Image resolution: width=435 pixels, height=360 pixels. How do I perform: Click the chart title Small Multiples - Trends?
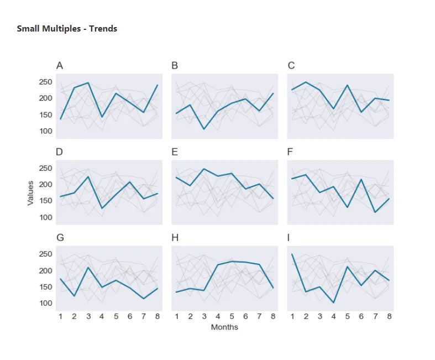[67, 29]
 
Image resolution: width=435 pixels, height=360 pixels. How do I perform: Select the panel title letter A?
[60, 66]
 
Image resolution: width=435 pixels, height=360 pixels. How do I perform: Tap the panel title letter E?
[175, 152]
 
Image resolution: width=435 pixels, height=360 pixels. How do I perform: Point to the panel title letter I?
[289, 238]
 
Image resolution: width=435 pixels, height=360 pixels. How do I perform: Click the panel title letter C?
[291, 66]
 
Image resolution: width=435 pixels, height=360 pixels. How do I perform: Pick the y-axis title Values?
[31, 193]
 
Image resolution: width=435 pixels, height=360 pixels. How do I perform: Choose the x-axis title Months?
[224, 327]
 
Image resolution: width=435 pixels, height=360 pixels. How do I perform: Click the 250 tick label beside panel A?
[45, 82]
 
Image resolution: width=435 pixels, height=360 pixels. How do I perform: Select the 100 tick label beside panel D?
[45, 217]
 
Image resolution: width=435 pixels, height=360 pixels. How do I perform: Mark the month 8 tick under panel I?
[389, 316]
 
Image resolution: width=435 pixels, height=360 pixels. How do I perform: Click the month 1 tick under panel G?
[61, 316]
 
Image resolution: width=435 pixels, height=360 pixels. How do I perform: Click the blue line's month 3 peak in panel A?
[88, 83]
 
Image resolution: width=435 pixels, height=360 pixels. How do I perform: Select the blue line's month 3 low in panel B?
[204, 129]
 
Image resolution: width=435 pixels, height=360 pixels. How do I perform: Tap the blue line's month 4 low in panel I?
[334, 302]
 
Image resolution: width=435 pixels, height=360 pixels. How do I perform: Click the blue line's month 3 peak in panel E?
[204, 169]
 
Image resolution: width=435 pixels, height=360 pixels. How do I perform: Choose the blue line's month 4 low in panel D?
[102, 208]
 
